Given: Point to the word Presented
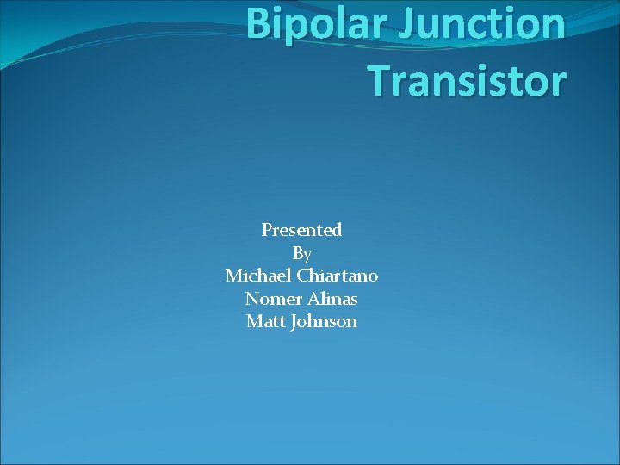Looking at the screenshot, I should [301, 230].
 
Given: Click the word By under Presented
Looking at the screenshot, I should [301, 254].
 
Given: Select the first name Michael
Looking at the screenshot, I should [258, 276].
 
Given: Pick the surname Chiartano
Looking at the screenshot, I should [338, 276].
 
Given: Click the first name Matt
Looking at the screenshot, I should [265, 321].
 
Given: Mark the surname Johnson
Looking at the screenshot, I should [324, 322].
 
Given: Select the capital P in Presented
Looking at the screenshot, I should [267, 230].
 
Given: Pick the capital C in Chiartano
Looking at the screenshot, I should [301, 276].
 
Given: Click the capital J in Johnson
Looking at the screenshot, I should [294, 322].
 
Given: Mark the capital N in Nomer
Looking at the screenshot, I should [251, 299].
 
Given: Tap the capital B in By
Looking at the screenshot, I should [297, 253].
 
